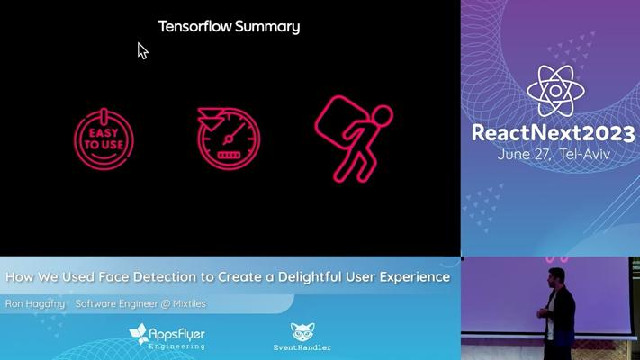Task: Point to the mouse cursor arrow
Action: (x=142, y=50)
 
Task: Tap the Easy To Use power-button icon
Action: (x=104, y=139)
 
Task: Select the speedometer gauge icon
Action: (x=229, y=139)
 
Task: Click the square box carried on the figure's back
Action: (x=342, y=119)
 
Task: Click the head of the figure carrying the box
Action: (x=382, y=115)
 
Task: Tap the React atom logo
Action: (x=555, y=91)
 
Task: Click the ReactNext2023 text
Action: (x=553, y=133)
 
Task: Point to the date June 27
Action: (x=524, y=154)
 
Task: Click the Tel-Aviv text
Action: (x=584, y=154)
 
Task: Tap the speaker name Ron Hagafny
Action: (x=35, y=304)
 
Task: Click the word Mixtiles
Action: (x=189, y=303)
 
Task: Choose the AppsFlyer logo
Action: (x=167, y=336)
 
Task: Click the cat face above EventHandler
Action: (x=302, y=331)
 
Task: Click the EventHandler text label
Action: (x=302, y=347)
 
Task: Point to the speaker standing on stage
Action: (x=555, y=307)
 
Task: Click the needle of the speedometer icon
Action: (x=235, y=132)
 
